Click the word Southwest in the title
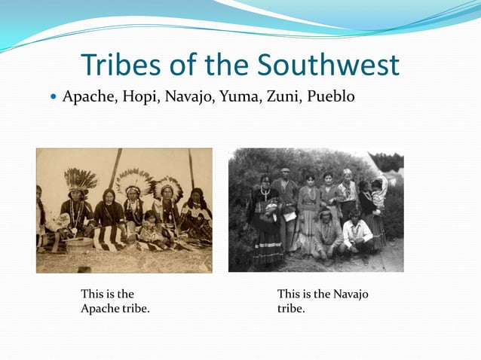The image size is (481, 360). click(328, 66)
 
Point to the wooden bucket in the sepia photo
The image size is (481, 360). click(78, 243)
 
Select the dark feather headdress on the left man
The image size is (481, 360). click(81, 178)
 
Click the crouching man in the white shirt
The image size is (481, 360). click(352, 233)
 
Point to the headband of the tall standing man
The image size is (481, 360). click(285, 171)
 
